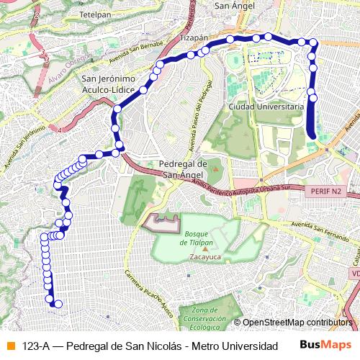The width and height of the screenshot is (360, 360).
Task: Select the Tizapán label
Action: coord(194,37)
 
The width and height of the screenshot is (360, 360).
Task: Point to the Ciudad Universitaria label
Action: coord(264,107)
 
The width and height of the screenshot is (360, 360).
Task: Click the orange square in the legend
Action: coord(9,346)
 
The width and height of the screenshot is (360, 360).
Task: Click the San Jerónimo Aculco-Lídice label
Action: coord(107,84)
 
